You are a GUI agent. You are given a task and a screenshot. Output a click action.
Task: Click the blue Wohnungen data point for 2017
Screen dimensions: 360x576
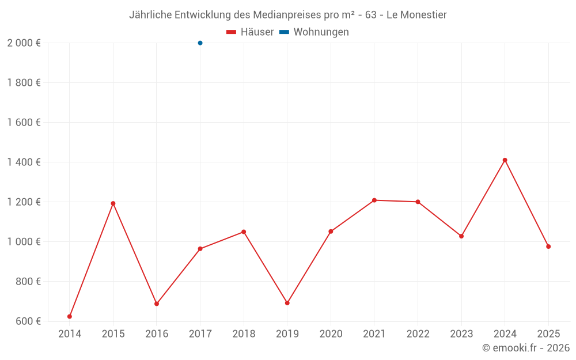200,43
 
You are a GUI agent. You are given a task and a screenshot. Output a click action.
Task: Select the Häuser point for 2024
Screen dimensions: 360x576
505,160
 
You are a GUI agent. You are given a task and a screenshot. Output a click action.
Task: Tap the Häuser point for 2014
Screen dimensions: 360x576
70,316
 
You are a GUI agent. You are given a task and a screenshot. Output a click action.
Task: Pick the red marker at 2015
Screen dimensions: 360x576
113,203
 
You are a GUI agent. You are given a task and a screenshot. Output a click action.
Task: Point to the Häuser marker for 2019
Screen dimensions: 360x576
287,303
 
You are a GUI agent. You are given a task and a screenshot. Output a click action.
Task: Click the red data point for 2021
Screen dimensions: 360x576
374,200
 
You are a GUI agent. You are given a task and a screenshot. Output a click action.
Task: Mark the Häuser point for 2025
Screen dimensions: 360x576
548,247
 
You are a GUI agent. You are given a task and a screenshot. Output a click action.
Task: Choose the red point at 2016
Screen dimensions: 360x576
157,304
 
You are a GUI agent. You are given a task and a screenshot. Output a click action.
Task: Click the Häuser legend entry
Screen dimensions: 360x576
250,32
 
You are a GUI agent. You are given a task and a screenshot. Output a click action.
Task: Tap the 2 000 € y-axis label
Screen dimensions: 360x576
24,43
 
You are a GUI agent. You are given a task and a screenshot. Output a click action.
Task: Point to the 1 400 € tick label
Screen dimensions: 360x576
24,162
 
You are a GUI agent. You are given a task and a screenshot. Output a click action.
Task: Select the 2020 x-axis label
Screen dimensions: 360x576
331,334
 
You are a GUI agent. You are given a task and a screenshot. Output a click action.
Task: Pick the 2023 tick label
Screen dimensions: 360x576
461,334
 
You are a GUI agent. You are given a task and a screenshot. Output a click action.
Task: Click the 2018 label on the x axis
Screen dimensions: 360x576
244,334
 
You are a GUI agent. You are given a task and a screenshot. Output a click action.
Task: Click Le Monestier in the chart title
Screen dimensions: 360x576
416,14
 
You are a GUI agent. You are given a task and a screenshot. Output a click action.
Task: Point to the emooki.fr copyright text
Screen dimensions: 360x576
525,348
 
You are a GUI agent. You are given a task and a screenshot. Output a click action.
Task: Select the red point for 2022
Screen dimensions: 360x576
418,202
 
